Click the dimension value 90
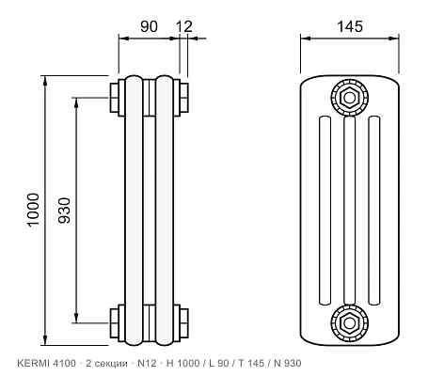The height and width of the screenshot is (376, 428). click(149, 26)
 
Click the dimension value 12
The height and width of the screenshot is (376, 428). click(184, 26)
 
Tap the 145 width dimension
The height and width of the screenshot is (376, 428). click(350, 26)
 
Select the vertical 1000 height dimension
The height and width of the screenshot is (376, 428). click(34, 210)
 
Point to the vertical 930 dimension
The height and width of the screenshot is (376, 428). click(65, 211)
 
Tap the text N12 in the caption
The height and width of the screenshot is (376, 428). click(147, 363)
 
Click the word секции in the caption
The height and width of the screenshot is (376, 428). click(111, 364)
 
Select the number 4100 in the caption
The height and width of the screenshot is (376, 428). click(65, 363)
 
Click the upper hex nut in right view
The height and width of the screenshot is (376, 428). click(349, 98)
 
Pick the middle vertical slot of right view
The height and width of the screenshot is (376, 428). click(350, 211)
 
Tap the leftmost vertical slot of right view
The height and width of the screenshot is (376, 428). click(325, 211)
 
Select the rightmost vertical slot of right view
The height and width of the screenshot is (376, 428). click(374, 211)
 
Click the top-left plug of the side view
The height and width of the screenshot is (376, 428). click(114, 98)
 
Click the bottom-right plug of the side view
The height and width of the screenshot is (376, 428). click(184, 323)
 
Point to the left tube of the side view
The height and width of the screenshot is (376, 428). click(134, 211)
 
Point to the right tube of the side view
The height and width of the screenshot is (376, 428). click(165, 211)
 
